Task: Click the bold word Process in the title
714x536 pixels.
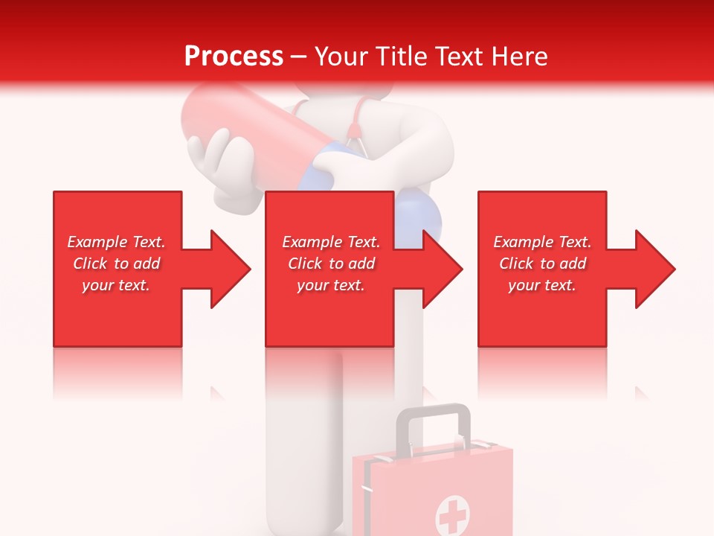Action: tap(234, 57)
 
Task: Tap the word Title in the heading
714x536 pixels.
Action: tap(400, 57)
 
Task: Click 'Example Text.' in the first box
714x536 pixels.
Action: tap(116, 242)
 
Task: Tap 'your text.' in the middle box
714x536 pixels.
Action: tap(330, 285)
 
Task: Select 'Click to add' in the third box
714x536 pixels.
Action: tap(542, 264)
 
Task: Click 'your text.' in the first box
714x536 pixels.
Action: tap(116, 285)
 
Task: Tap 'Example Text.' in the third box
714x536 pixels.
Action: tap(542, 242)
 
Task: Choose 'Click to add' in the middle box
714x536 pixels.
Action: tap(331, 264)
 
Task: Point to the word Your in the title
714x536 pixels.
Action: tap(342, 57)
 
